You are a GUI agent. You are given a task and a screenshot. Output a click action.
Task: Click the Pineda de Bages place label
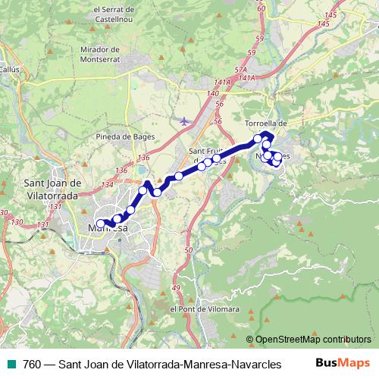126,136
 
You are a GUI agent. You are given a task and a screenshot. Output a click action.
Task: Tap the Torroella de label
268,123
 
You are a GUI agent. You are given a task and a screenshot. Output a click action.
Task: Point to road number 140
212,92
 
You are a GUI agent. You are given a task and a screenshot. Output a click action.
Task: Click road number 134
107,184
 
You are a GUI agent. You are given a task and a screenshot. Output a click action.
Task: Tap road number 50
189,249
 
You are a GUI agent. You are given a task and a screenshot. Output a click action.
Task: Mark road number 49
176,289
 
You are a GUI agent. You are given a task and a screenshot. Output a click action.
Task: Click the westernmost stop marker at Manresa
101,224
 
